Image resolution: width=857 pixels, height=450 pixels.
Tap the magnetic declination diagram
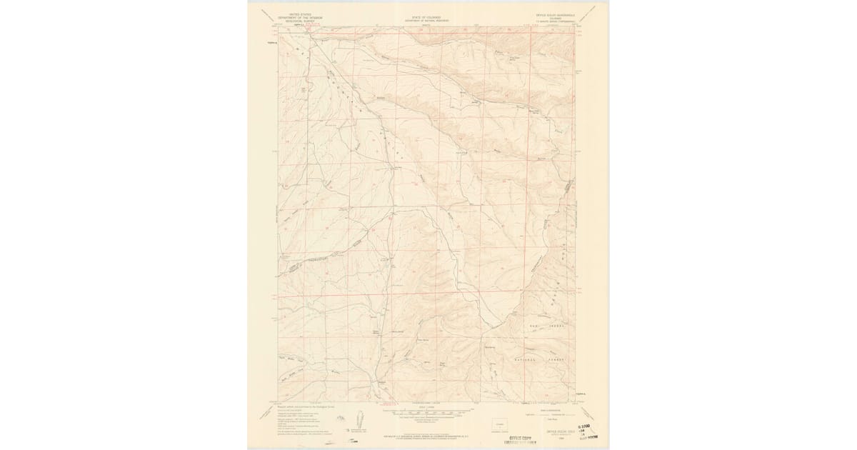tap(359, 418)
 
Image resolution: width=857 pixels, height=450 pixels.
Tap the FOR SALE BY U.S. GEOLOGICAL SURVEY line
tap(426, 434)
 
